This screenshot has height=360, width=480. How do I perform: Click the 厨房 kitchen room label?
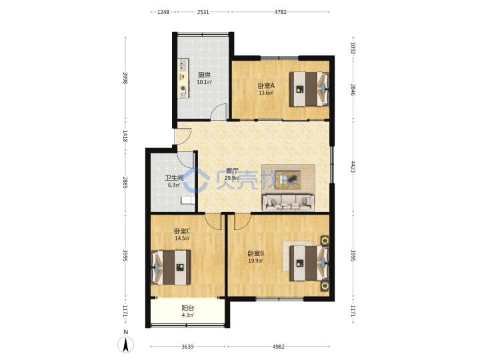click(x=204, y=75)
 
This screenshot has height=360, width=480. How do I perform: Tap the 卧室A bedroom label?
click(x=266, y=86)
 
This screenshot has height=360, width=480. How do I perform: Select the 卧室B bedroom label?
click(x=255, y=253)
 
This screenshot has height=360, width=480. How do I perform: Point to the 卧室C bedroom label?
click(x=183, y=231)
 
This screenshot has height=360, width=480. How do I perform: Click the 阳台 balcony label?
click(x=187, y=308)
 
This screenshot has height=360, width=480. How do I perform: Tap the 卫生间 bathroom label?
click(x=174, y=177)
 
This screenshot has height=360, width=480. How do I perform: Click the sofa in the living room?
click(x=288, y=203)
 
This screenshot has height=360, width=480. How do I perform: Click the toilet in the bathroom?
click(x=188, y=200)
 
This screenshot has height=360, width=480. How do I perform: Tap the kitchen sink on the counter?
click(x=183, y=65)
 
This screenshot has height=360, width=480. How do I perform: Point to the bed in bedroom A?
click(x=309, y=89)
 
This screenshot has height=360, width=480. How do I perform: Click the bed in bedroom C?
click(x=171, y=267)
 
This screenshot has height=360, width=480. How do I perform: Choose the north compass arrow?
click(x=125, y=345)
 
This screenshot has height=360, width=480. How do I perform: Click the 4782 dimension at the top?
click(x=281, y=12)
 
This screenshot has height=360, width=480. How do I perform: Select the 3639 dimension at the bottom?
click(x=187, y=347)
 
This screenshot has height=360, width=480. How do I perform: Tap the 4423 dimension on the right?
click(x=353, y=167)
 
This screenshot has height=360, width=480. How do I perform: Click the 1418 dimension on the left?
click(x=125, y=136)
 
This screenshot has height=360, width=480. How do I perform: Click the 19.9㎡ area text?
click(x=255, y=261)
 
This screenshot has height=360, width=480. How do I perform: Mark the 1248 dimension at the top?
click(x=163, y=12)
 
